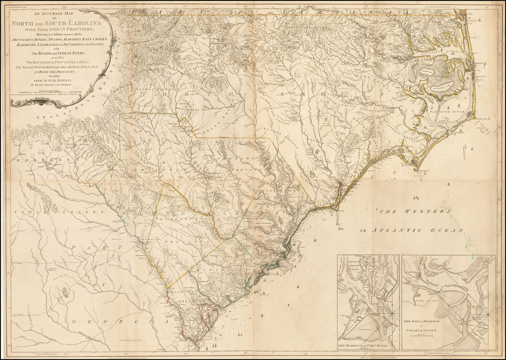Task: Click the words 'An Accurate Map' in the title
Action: pyautogui.click(x=61, y=14)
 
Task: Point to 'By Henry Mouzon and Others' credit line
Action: pyautogui.click(x=61, y=85)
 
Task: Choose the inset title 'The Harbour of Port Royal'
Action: pyautogui.click(x=366, y=346)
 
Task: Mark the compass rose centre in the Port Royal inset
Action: pyautogui.click(x=391, y=314)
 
